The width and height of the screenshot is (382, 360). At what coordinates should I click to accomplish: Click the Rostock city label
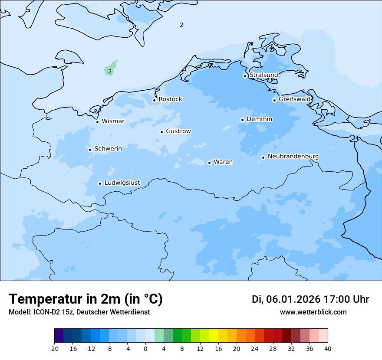pyautogui.click(x=170, y=99)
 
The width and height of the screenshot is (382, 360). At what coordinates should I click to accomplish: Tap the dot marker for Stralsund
pyautogui.click(x=245, y=76)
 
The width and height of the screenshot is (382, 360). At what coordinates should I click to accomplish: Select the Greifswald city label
pyautogui.click(x=294, y=99)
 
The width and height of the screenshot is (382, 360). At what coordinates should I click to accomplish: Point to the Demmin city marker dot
pyautogui.click(x=242, y=120)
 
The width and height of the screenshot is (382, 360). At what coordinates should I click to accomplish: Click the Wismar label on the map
pyautogui.click(x=113, y=121)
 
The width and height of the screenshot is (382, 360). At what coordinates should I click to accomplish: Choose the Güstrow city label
pyautogui.click(x=178, y=131)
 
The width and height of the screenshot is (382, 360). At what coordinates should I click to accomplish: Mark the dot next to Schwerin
pyautogui.click(x=90, y=150)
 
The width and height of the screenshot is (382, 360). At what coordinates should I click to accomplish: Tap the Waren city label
pyautogui.click(x=223, y=162)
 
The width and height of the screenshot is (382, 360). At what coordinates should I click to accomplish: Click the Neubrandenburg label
pyautogui.click(x=293, y=157)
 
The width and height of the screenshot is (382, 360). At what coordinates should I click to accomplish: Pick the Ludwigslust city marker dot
pyautogui.click(x=100, y=183)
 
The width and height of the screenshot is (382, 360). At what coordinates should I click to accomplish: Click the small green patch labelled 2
pyautogui.click(x=110, y=70)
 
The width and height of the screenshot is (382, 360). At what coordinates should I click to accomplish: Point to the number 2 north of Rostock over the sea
pyautogui.click(x=181, y=25)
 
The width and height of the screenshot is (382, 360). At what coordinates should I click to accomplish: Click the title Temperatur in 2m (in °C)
pyautogui.click(x=86, y=299)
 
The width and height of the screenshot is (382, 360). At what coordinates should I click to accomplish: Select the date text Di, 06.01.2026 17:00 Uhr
pyautogui.click(x=310, y=299)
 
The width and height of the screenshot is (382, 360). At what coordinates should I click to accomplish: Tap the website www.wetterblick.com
pyautogui.click(x=313, y=312)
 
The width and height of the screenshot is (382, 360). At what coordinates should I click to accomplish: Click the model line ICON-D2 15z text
pyautogui.click(x=79, y=312)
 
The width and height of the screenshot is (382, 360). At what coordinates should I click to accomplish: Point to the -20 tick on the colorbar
pyautogui.click(x=54, y=349)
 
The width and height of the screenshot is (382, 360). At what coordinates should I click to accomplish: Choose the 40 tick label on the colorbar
pyautogui.click(x=328, y=349)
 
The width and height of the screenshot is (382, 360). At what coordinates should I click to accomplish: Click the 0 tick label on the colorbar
pyautogui.click(x=145, y=349)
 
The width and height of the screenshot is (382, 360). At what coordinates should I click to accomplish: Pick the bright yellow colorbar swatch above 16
pyautogui.click(x=214, y=336)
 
